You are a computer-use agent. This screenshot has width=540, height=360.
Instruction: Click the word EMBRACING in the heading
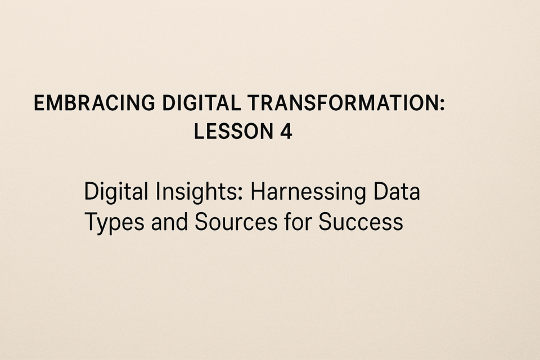click(94, 103)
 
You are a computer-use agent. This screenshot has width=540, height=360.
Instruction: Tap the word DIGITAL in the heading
click(201, 103)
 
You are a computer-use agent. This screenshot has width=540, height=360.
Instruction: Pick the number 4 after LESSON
click(286, 131)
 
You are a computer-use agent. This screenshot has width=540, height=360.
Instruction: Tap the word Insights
click(197, 192)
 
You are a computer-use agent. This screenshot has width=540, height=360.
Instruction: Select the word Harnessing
click(308, 192)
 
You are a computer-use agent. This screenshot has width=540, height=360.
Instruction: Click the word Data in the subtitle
click(397, 191)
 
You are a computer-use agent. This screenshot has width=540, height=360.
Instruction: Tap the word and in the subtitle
click(169, 222)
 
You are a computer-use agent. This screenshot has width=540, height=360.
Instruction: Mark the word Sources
click(236, 222)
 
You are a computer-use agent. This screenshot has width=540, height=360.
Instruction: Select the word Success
click(361, 222)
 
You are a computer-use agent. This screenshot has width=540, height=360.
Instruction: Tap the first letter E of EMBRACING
click(39, 103)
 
